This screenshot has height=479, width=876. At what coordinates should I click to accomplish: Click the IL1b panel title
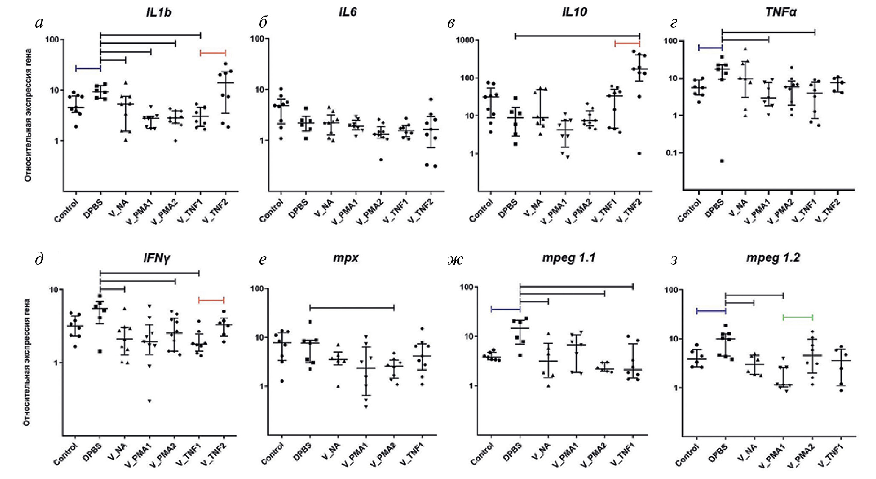pos(159,12)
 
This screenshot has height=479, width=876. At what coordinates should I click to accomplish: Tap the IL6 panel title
pos(348,12)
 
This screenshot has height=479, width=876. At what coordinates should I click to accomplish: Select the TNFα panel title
pos(780,12)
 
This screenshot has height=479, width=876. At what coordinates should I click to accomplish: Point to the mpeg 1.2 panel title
pos(773,257)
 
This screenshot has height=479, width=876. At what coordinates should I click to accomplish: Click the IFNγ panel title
pos(156,257)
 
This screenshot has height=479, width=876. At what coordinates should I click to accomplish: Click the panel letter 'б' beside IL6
pos(263,22)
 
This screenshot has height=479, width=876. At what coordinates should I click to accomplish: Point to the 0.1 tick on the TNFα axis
pos(671,153)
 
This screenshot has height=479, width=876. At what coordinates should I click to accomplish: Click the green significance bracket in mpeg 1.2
pos(798,318)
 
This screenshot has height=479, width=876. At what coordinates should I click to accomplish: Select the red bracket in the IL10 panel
pos(627,43)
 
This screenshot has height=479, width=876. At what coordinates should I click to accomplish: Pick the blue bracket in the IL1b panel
pos(88,68)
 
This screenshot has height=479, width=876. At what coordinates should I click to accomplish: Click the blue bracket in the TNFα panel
pos(710,48)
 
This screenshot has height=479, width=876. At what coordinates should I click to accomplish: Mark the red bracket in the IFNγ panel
pos(211,300)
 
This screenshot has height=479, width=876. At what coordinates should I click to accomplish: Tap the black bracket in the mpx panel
pos(352,307)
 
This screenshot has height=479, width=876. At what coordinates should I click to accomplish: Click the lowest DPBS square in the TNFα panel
pos(722,161)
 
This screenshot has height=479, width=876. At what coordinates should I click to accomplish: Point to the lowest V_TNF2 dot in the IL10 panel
pos(639,153)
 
